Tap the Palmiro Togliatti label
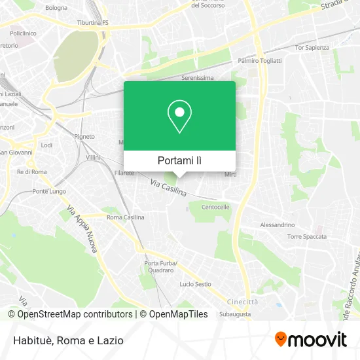[260, 60]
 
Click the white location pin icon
[179, 117]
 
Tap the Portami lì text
[179, 160]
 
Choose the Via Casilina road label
[168, 189]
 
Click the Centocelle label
[215, 207]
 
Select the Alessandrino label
[278, 225]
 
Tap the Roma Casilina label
[125, 217]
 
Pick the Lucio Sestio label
[195, 284]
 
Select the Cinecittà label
[242, 302]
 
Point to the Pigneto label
[85, 136]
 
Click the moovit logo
[311, 340]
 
